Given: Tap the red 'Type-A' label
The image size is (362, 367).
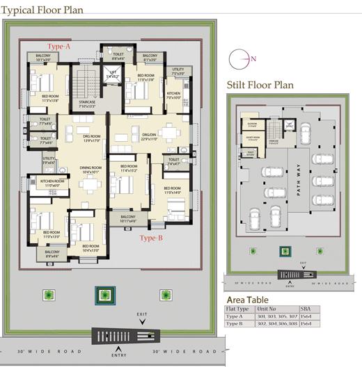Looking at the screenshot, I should click(58, 46).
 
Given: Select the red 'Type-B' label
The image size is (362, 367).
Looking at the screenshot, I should click(151, 238).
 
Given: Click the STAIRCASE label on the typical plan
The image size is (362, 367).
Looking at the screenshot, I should click(86, 104).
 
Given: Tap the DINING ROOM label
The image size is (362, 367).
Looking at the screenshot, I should click(90, 168).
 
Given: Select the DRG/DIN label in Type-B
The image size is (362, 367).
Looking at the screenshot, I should click(150, 137).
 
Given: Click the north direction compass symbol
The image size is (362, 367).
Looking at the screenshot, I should click(237, 58).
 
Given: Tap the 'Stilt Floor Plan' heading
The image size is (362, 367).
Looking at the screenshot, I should click(260, 85).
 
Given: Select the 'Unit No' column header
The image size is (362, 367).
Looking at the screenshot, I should click(267, 308).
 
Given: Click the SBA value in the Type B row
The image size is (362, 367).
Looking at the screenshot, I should click(306, 324).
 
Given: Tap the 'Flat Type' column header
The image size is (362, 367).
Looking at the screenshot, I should click(237, 308).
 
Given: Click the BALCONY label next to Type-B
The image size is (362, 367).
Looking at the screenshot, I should click(128, 218).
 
